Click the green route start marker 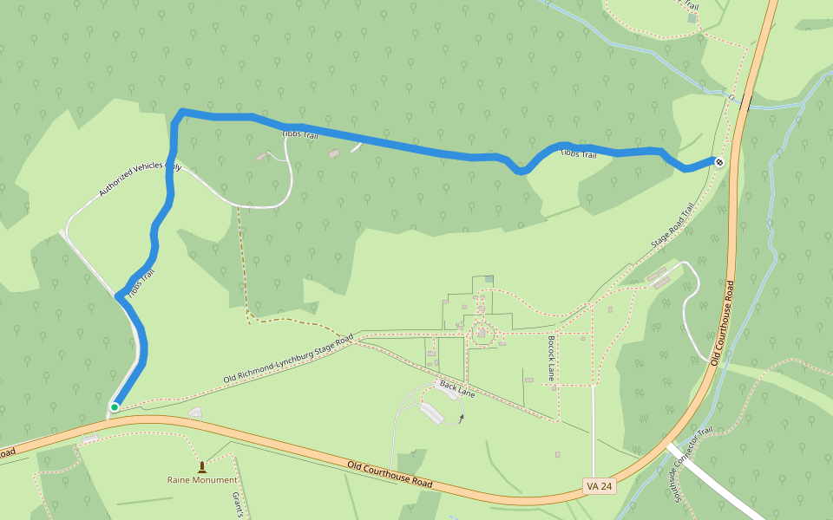tap(115, 406)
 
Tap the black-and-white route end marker tap(718, 161)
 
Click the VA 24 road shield tap(599, 486)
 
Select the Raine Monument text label tap(202, 479)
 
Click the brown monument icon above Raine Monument tap(202, 466)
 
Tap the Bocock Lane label tap(550, 358)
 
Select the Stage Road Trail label tap(674, 227)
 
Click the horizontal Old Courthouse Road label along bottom tap(390, 474)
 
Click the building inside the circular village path tap(482, 334)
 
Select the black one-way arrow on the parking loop tap(462, 418)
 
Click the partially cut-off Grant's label tap(235, 504)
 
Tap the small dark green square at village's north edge tap(489, 278)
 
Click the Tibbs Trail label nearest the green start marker tap(140, 285)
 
